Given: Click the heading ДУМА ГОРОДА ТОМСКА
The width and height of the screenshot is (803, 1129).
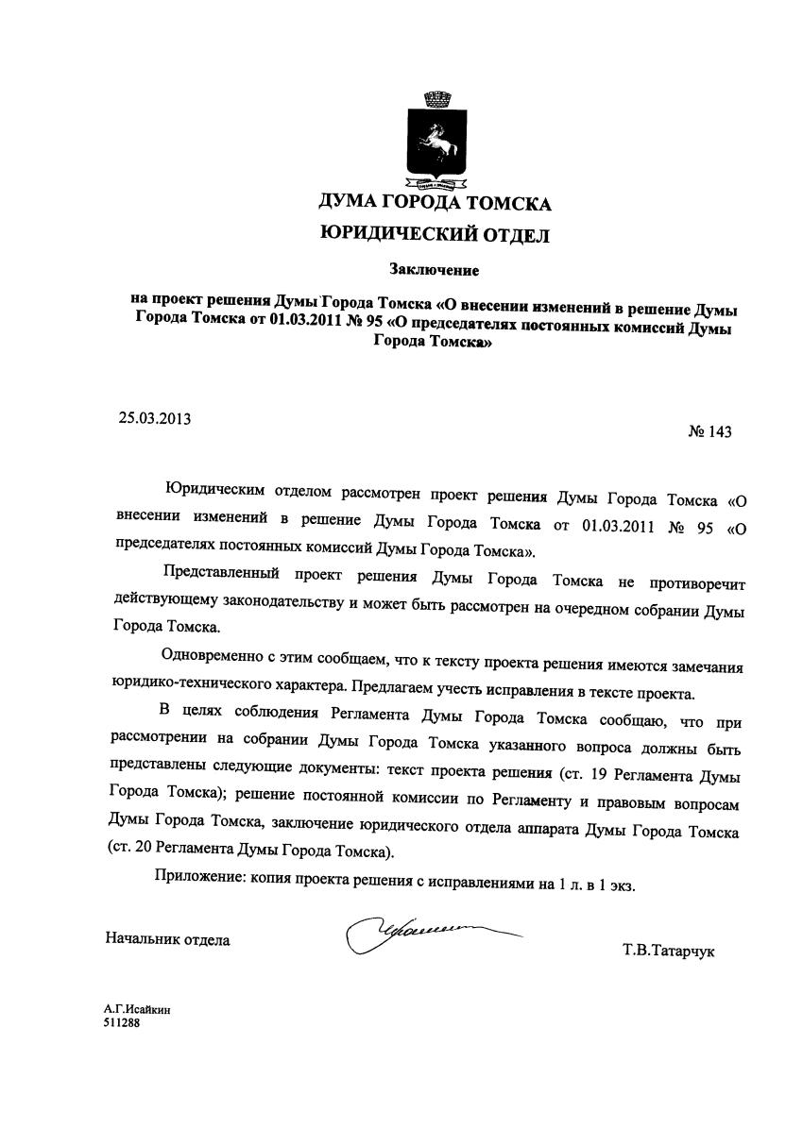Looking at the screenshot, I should [435, 202].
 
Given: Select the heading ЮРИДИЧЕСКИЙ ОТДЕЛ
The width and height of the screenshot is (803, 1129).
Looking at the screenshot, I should [435, 234].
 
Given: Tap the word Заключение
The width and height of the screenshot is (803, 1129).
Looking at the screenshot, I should [435, 271].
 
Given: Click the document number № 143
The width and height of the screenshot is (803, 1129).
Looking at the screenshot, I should [709, 432].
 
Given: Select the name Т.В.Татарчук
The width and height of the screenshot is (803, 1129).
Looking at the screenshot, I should [668, 950].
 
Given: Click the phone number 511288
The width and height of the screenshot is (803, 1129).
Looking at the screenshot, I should [122, 1021].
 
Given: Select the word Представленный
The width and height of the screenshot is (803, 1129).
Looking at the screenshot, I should [222, 573].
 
